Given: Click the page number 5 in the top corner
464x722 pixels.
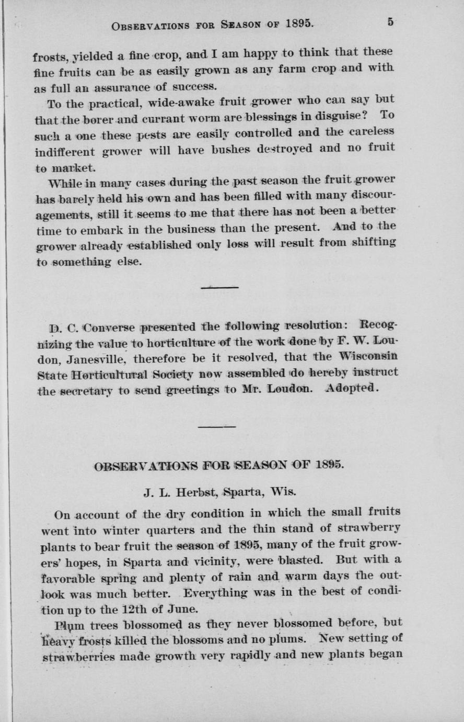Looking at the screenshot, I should pyautogui.click(x=391, y=22).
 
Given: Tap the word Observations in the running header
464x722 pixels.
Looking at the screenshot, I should pyautogui.click(x=150, y=25).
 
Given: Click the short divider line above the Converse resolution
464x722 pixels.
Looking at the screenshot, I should pyautogui.click(x=219, y=287).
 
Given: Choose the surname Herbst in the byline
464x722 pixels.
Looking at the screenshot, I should pyautogui.click(x=197, y=493).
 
